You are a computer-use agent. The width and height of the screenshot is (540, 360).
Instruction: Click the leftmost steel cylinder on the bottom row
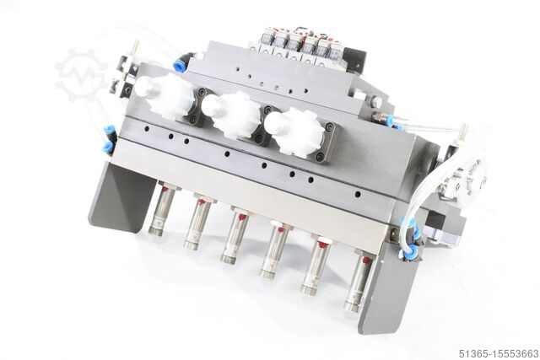161,210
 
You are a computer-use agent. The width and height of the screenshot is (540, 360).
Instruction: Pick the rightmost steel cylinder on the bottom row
359,282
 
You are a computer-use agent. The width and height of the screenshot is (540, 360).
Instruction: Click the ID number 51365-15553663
499,353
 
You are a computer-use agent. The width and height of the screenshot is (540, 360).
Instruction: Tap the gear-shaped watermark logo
80,75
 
